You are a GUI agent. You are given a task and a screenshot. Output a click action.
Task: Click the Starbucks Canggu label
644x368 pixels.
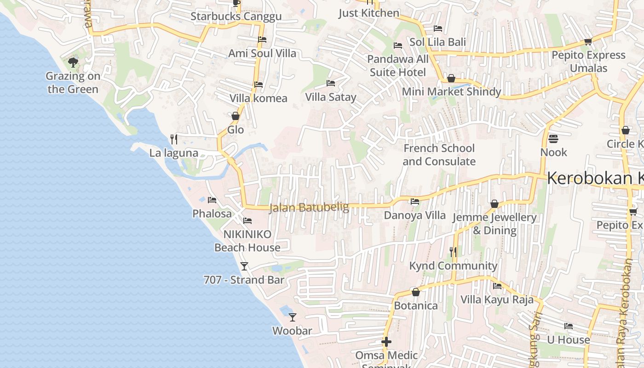tap(236, 17)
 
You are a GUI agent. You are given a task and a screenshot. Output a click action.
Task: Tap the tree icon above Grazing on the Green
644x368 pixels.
tap(73, 62)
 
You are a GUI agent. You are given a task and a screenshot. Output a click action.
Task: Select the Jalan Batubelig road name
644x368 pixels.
tap(309, 207)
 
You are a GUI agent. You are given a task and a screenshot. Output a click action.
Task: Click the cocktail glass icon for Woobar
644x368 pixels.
tap(292, 317)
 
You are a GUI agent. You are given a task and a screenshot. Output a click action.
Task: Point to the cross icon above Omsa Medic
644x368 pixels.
tap(386, 342)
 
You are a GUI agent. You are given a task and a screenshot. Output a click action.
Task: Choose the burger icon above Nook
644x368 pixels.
tap(553, 138)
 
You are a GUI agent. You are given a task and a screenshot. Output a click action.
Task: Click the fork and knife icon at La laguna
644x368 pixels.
tap(174, 139)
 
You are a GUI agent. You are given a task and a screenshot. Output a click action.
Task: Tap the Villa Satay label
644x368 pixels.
tap(331, 97)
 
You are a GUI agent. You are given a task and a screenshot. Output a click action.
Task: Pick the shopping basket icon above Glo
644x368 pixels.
tap(236, 116)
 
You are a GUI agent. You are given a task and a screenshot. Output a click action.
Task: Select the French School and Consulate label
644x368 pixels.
tap(439, 155)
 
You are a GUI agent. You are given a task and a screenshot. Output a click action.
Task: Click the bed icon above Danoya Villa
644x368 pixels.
tap(415, 201)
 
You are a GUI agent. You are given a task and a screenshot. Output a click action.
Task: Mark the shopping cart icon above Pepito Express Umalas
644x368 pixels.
tap(588, 42)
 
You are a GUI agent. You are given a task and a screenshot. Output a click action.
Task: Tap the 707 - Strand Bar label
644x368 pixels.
tap(244, 280)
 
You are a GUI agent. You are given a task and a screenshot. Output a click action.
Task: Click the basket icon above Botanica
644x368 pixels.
tap(416, 292)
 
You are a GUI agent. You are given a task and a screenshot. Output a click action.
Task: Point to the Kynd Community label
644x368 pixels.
tap(453, 266)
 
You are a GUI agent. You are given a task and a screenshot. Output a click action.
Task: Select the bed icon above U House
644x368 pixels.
tap(569, 326)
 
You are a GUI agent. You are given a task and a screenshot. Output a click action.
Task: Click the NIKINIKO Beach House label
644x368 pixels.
tap(247, 241)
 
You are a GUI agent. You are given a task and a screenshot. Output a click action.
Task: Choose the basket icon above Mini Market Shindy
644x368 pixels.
tap(451, 78)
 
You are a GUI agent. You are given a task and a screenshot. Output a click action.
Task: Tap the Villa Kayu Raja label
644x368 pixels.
tap(497, 300)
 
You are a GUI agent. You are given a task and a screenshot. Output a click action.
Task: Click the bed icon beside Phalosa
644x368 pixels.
tap(212, 200)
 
